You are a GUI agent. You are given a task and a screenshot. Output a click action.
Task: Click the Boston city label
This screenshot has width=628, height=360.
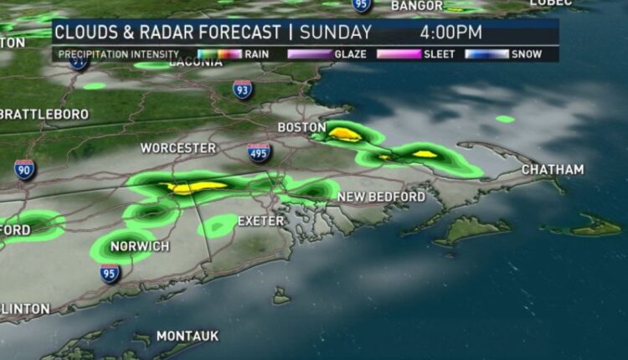pyautogui.click(x=301, y=127)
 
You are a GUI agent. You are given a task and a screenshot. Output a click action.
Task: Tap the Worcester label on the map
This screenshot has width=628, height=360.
pyautogui.click(x=178, y=148)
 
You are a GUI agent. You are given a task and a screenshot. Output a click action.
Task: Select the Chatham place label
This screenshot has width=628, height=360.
pyautogui.click(x=553, y=170)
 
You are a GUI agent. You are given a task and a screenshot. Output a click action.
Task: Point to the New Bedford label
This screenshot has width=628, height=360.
pyautogui.click(x=381, y=197)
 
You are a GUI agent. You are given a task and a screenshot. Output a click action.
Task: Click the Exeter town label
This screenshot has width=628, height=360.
pyautogui.click(x=262, y=222)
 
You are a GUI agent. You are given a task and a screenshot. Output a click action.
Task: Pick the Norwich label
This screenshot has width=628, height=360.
pyautogui.click(x=139, y=246)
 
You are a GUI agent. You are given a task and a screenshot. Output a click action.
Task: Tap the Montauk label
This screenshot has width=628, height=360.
pyautogui.click(x=187, y=336)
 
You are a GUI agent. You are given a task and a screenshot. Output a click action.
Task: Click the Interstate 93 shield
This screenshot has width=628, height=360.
pyautogui.click(x=243, y=89)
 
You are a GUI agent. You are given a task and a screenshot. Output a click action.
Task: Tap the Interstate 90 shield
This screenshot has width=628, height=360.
pyautogui.click(x=25, y=169)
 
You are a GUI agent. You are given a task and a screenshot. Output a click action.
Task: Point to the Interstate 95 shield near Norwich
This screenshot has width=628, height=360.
pyautogui.click(x=110, y=273)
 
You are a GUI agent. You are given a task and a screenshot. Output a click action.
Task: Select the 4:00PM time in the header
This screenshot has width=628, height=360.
pyautogui.click(x=451, y=33)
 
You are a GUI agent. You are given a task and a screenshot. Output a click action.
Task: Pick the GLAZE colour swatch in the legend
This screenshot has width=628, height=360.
pyautogui.click(x=310, y=54)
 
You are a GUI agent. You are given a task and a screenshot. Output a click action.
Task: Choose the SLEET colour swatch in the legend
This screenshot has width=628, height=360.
pyautogui.click(x=399, y=54)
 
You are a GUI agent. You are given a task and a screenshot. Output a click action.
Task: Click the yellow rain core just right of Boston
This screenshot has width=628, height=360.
pyautogui.click(x=345, y=133)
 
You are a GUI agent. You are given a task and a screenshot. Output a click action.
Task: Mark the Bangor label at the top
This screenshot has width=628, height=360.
pyautogui.click(x=417, y=6)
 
